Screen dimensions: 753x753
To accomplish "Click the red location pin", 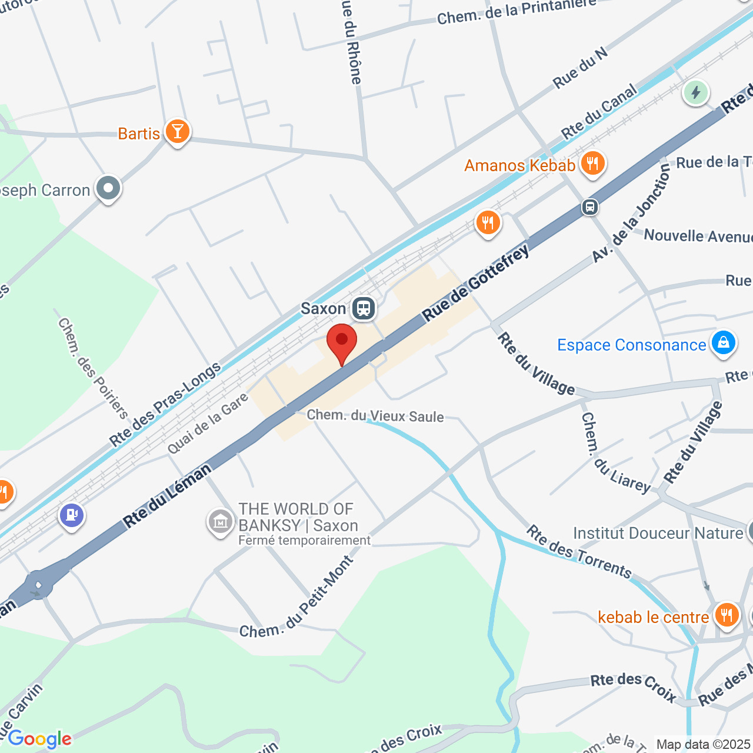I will [341, 341].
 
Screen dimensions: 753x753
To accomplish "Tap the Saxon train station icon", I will [364, 308].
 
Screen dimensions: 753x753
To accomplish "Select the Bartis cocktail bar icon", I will [177, 132].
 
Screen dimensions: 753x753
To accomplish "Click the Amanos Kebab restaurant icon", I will [592, 164].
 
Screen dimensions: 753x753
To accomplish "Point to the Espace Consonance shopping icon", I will [723, 342].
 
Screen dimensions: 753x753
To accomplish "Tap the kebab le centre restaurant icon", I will [727, 615].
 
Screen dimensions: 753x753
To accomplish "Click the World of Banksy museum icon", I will [220, 521].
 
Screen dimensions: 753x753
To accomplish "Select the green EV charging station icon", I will [696, 92].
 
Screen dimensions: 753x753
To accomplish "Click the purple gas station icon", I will [72, 515].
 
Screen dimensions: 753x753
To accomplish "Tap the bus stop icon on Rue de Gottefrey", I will [590, 207].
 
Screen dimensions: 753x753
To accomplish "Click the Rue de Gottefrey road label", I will [476, 283].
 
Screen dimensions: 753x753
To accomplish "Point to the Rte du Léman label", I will [167, 495].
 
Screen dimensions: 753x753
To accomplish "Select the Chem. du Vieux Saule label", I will [375, 416].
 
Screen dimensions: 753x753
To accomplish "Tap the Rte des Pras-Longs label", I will [165, 405].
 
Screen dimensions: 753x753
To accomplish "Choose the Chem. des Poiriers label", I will [93, 368].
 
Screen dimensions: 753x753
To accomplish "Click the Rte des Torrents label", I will [579, 552].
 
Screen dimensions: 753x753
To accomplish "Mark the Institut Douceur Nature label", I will [658, 533].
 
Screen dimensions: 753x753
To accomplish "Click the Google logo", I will [39, 739].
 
